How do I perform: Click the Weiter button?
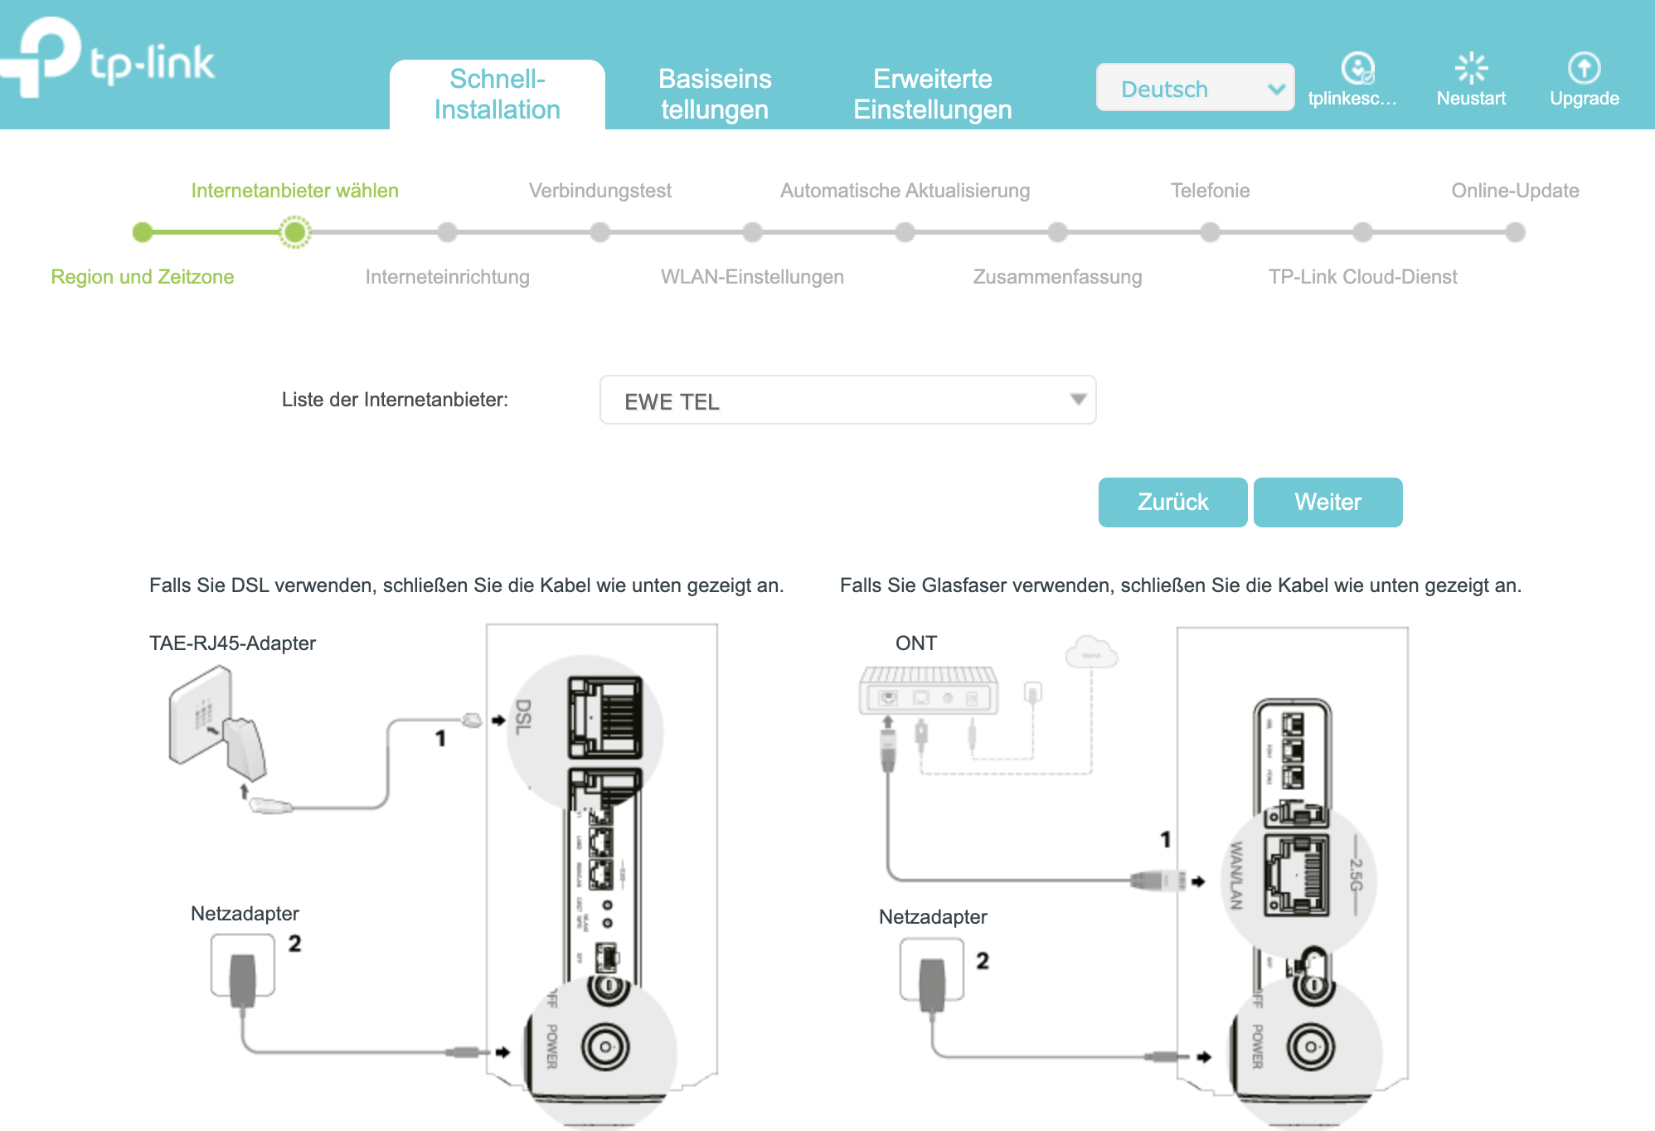(1327, 502)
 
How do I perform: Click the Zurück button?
(1172, 502)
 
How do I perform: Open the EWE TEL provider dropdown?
(847, 400)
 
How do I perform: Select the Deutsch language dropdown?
(1195, 88)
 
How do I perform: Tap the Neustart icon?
(1471, 69)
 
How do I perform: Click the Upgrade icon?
(1584, 69)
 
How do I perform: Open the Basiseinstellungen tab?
(715, 94)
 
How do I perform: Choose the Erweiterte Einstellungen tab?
(932, 94)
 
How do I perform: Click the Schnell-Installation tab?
(497, 94)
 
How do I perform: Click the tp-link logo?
(112, 58)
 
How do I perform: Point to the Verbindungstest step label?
(599, 191)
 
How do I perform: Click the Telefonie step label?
(1210, 191)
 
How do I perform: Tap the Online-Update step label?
(1515, 191)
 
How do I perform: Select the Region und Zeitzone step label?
(143, 277)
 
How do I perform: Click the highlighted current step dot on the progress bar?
(294, 232)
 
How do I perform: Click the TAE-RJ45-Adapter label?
(232, 643)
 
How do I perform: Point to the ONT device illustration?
(929, 690)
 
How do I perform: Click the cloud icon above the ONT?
(1091, 653)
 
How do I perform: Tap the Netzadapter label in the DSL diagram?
(245, 914)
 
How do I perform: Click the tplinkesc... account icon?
(1357, 69)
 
